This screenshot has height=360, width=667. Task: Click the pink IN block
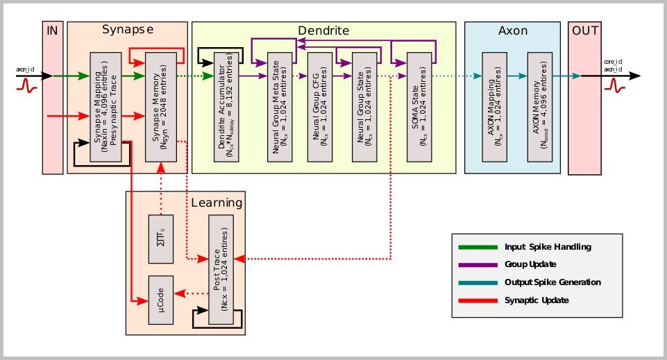pos(53,97)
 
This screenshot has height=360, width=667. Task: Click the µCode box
pos(160,300)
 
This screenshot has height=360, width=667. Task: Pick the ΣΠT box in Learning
pos(160,239)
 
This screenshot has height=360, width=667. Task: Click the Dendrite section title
pos(323,31)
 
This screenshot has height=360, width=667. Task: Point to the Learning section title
pos(217,203)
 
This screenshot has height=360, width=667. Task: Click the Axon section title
pos(512,31)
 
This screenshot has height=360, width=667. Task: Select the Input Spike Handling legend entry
pos(533,247)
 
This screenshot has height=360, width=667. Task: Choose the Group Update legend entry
pos(533,264)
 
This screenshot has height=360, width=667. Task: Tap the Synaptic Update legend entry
pos(533,300)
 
